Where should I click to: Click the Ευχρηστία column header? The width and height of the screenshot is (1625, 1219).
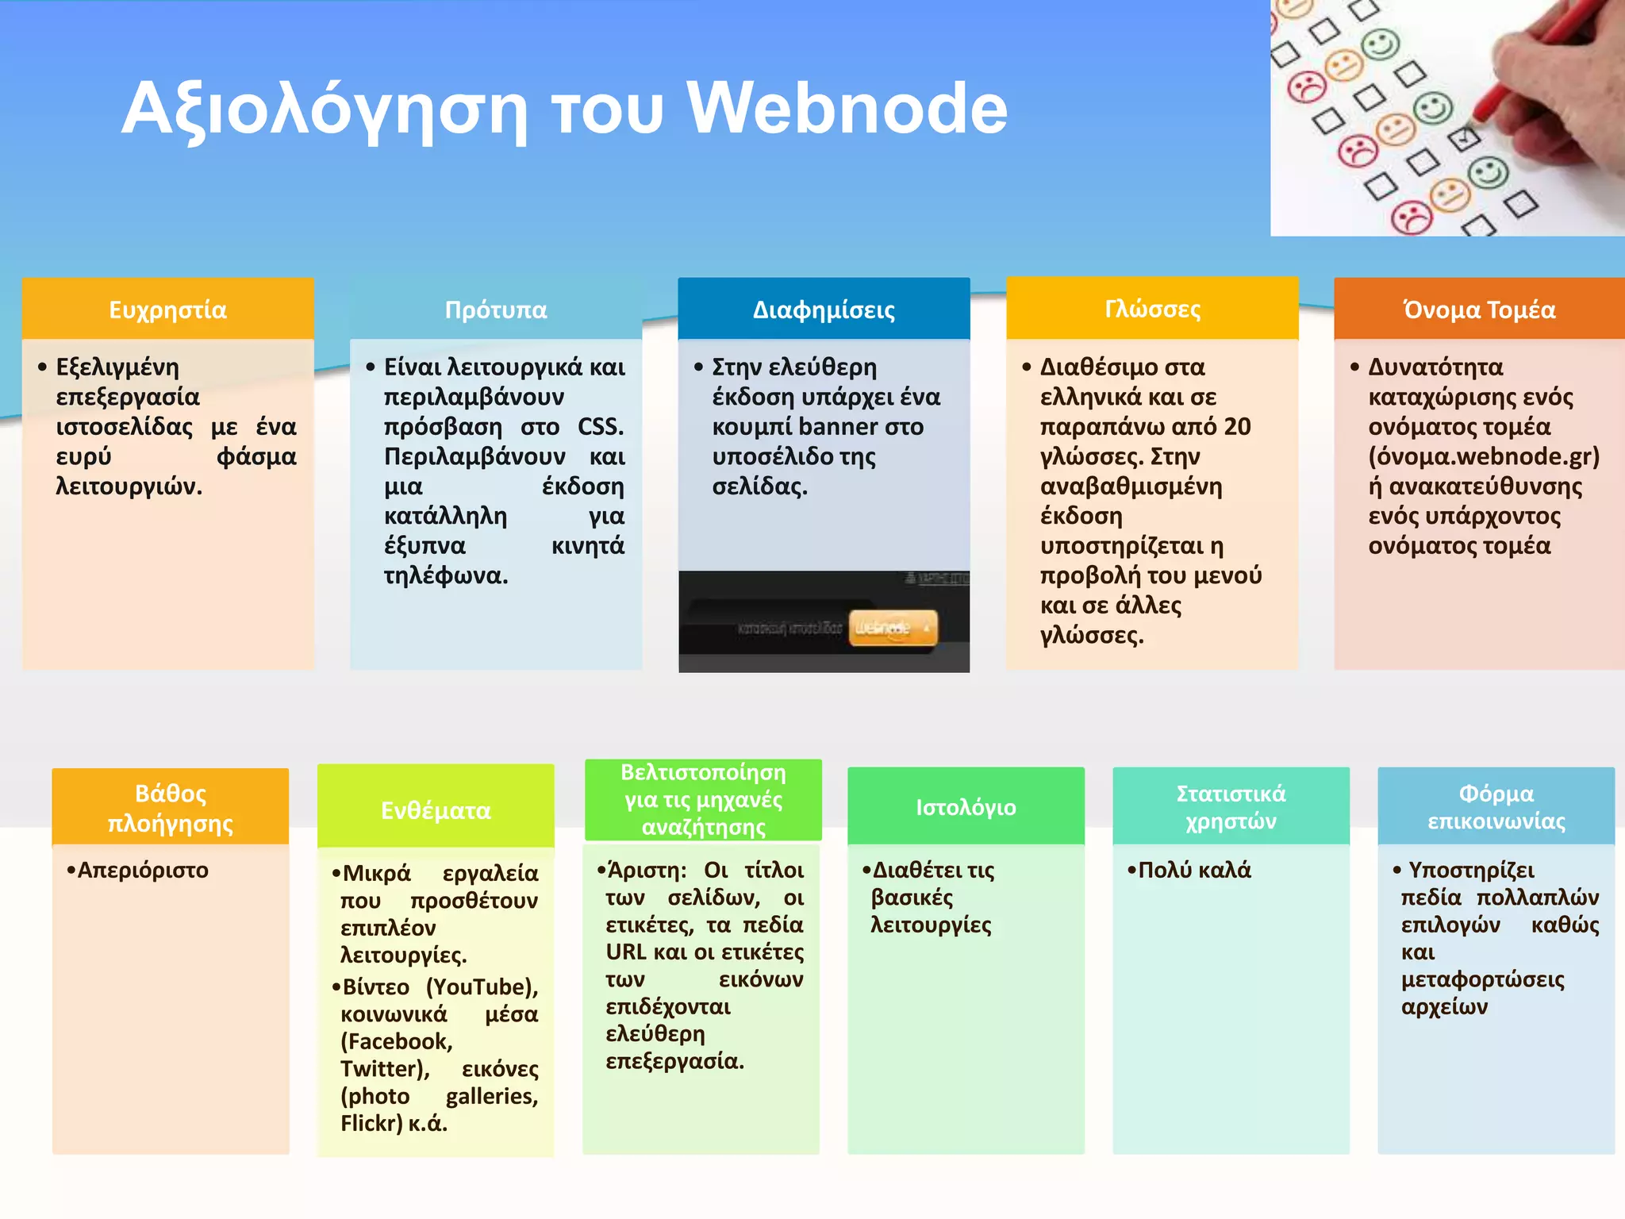(167, 309)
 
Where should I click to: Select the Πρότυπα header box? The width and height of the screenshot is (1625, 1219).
(496, 309)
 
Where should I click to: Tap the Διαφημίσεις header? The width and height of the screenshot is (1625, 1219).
(824, 309)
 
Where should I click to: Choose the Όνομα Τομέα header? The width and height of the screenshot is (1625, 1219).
(1479, 309)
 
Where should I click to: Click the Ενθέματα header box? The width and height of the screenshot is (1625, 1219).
(436, 809)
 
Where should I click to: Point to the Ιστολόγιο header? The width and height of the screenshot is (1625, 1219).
(966, 806)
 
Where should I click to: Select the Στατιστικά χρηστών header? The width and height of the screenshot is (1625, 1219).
(1231, 806)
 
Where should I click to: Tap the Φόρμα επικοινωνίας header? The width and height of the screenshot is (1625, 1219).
(1496, 806)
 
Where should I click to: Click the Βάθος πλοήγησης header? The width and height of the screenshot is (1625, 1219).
(171, 807)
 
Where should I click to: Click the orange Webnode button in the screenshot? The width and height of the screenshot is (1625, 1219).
(893, 628)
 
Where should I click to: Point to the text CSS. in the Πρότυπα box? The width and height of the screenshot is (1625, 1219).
(600, 427)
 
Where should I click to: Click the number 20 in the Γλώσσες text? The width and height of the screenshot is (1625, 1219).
(1236, 427)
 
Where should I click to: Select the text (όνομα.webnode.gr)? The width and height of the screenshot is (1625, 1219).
(1483, 456)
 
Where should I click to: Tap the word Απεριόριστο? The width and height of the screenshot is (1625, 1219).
(143, 870)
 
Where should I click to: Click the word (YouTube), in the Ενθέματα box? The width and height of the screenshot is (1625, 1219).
(482, 986)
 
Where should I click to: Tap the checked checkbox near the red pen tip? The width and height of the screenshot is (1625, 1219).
(1464, 139)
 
